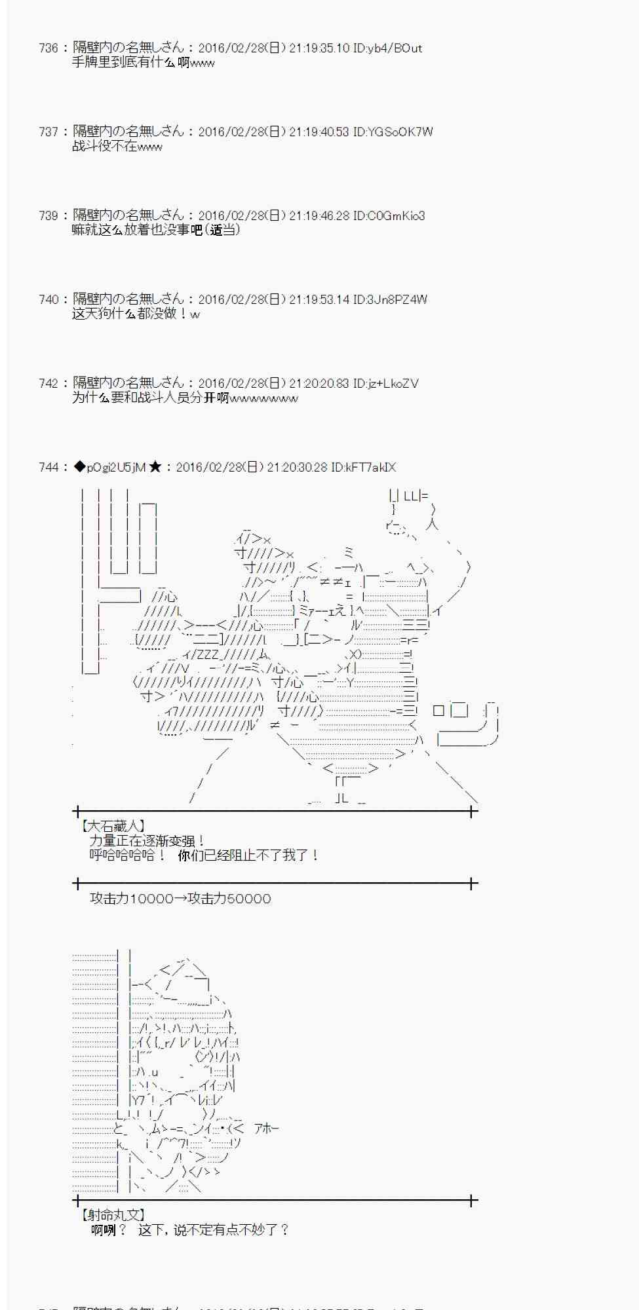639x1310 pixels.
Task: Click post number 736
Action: tap(48, 48)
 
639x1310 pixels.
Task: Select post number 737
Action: tap(48, 132)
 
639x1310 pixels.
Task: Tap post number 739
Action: tap(48, 215)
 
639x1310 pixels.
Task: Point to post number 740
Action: tap(48, 299)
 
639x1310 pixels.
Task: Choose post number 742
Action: tap(48, 383)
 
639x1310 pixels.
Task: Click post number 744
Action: tap(48, 467)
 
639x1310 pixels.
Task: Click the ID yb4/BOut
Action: tap(387, 48)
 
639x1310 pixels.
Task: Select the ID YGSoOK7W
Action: tap(393, 132)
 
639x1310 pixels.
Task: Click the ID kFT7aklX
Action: tap(363, 467)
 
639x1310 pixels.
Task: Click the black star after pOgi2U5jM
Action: tap(155, 467)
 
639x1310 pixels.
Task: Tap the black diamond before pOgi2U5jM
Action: tap(79, 467)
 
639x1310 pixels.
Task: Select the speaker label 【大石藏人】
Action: tap(112, 827)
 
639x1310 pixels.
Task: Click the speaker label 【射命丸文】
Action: tap(112, 1216)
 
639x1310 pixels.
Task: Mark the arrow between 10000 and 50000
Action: tap(180, 899)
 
